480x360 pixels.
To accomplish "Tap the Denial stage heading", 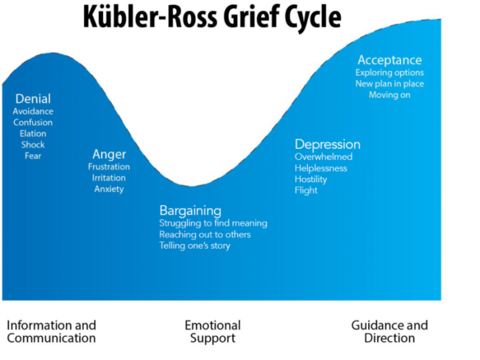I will (33, 99).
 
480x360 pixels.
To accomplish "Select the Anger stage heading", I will (109, 154).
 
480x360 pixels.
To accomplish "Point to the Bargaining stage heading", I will (190, 211).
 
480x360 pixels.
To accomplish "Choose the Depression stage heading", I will (327, 145).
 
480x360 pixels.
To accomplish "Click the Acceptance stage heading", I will (389, 61).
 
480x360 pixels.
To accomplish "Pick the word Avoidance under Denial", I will (33, 111).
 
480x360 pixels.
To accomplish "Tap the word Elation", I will (33, 134).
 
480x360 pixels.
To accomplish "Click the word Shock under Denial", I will (33, 145).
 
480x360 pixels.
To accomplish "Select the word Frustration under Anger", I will (109, 167).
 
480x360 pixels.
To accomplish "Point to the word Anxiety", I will (109, 189).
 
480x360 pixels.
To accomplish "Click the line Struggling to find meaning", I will (213, 223).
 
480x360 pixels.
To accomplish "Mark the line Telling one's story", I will (195, 245).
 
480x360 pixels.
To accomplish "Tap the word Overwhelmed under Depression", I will (324, 157).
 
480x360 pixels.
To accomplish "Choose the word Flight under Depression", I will (306, 190).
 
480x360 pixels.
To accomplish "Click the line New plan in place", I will (389, 84).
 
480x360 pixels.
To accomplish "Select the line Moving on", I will (389, 95).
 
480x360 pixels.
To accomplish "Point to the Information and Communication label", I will (51, 332).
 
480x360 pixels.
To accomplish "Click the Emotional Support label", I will (212, 332).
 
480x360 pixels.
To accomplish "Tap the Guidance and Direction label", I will (389, 332).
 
